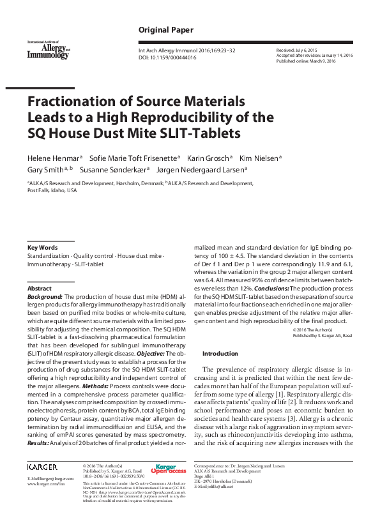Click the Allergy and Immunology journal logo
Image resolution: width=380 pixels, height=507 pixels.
[48, 50]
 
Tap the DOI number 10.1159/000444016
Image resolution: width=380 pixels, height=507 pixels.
[175, 57]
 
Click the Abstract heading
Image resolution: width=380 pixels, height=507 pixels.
[39, 289]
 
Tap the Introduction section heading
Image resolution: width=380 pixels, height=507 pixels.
[220, 353]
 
